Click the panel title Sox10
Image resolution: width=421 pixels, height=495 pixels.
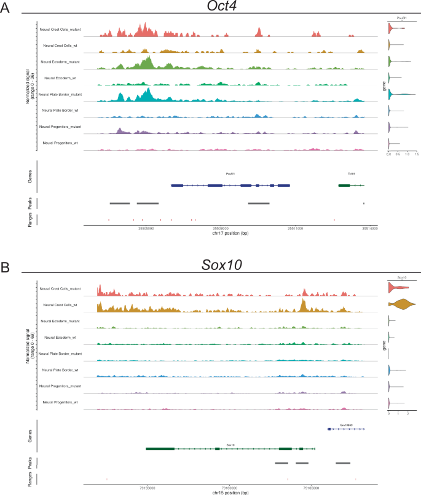coord(222,265)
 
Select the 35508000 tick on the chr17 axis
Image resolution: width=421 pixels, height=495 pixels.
coord(220,228)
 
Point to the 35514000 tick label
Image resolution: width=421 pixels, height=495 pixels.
coord(369,228)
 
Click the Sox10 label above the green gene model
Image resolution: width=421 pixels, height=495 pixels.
coord(230,444)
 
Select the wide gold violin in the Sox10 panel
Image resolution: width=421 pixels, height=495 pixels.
coord(401,304)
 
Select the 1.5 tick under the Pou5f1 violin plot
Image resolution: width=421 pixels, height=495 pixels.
coord(416,154)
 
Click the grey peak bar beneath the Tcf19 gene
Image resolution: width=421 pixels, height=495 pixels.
coord(364,203)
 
